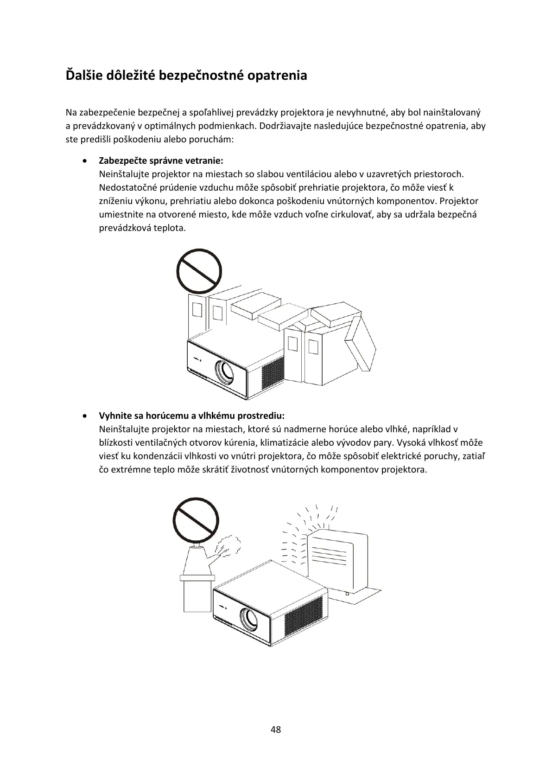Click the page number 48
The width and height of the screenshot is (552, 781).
tap(275, 730)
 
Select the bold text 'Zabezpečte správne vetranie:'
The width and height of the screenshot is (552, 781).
tap(161, 161)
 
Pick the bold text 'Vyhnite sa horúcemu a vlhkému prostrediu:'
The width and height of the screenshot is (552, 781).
tap(191, 415)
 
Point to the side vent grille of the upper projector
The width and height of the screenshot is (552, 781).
tap(272, 374)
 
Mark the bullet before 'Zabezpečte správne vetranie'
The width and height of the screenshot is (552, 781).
tap(84, 161)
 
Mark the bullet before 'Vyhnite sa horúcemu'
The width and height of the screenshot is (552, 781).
tap(84, 415)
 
